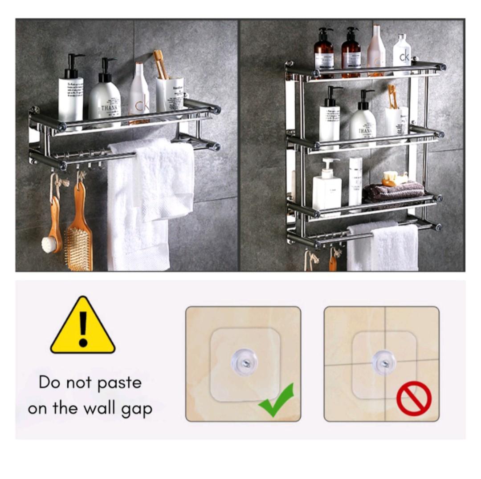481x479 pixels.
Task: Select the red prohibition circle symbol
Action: pyautogui.click(x=414, y=398)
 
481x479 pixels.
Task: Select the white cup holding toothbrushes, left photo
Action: pyautogui.click(x=170, y=94)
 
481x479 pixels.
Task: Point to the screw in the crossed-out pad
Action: pyautogui.click(x=383, y=362)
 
